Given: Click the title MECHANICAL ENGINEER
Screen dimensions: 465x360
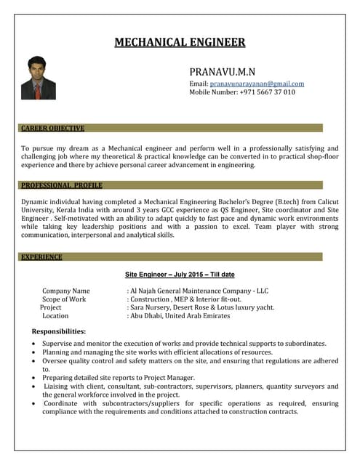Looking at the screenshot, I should pos(180,42).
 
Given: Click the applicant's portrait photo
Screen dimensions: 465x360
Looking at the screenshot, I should pos(38,78).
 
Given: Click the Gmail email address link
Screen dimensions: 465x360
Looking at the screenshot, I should pos(257,84).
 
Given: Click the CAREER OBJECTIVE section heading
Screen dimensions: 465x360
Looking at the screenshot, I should pos(52,128).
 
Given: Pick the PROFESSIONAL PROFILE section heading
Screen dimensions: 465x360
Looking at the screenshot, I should pos(61,185).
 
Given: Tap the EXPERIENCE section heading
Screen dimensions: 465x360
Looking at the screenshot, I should pos(41,256).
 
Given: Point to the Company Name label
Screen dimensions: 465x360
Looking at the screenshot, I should pos(66,291).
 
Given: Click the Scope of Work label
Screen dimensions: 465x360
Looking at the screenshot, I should pos(64,299).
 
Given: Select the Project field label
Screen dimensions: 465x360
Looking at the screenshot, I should pos(51,307).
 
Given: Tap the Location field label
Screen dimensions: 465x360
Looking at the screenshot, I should pos(55,316).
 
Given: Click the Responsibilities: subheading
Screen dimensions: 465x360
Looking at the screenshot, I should pos(54,331).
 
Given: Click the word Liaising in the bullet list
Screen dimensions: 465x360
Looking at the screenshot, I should pos(58,387).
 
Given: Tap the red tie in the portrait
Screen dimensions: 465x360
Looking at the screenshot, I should pos(38,90).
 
